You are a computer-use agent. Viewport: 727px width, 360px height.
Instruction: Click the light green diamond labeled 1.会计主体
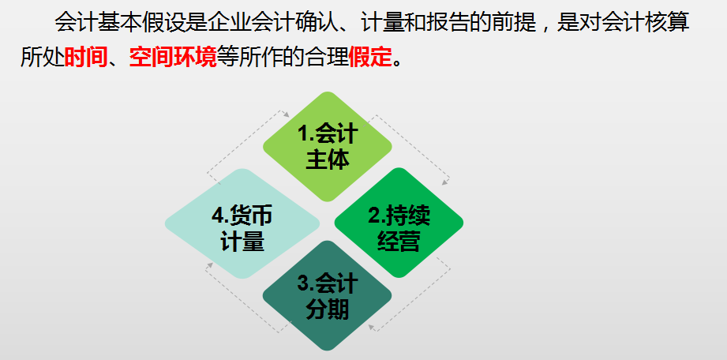(x=327, y=146)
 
